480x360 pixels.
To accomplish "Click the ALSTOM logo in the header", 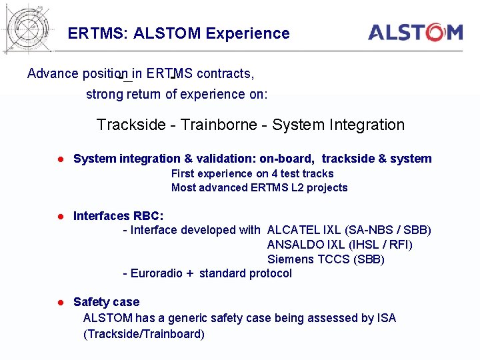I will click(x=415, y=32).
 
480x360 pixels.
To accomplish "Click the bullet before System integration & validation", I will click(x=59, y=159).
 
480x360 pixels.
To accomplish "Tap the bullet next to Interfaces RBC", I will click(x=59, y=217).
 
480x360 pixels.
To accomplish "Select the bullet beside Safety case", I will click(x=59, y=303).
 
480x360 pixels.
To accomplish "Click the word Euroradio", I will click(x=157, y=273).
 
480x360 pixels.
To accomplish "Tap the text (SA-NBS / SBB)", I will click(x=388, y=230).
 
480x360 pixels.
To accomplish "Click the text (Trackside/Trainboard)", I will click(x=144, y=333).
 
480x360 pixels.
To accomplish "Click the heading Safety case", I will click(x=106, y=302).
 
